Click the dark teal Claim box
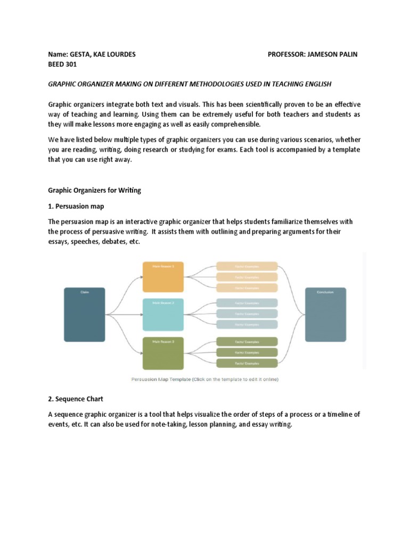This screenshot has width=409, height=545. pos(84,315)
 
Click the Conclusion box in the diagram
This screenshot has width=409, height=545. pos(325,314)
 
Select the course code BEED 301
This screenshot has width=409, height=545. pos(63,65)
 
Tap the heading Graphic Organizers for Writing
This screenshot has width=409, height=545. pos(95,191)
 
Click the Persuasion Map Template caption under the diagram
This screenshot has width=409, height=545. pos(204,379)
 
